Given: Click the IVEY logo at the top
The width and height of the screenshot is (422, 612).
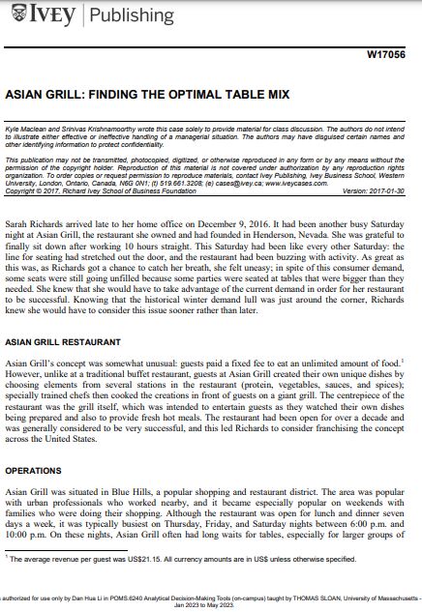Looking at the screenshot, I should tap(44, 16).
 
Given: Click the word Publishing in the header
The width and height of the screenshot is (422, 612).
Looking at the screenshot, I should tap(135, 16).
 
